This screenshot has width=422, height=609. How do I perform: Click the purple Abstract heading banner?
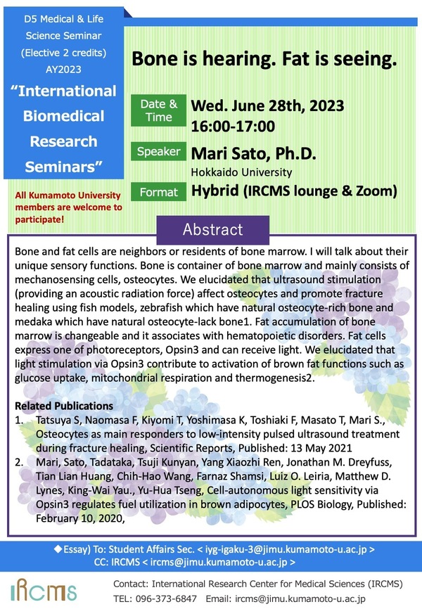point(212,230)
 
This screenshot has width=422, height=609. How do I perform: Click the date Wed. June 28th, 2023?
point(267,106)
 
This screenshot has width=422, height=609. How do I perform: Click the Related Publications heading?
point(64,406)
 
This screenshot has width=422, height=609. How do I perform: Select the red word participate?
point(41,219)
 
